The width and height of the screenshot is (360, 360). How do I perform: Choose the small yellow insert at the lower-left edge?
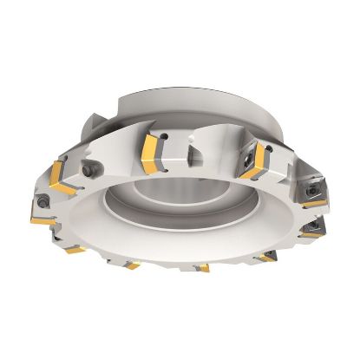[73, 248]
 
